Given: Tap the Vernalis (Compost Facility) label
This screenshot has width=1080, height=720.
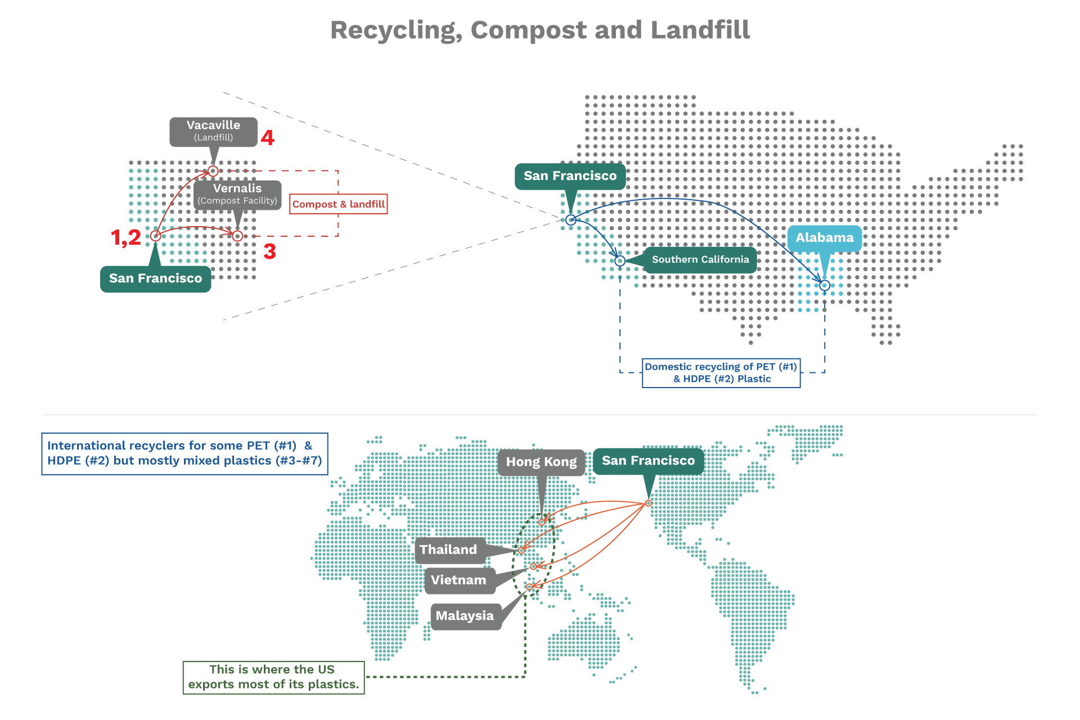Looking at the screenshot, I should click(237, 195).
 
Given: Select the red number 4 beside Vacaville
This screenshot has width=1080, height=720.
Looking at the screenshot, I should click(268, 138).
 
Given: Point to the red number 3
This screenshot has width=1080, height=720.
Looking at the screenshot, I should click(270, 251).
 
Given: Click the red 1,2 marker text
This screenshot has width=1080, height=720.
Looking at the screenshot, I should click(126, 237).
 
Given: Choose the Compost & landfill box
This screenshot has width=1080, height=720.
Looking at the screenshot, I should click(339, 204).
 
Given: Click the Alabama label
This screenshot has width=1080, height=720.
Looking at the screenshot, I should click(824, 238).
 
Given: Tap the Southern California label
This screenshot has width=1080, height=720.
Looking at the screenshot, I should click(700, 260).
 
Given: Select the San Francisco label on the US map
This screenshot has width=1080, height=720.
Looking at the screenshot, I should click(570, 176).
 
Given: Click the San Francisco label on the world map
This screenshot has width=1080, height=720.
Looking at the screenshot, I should click(648, 461).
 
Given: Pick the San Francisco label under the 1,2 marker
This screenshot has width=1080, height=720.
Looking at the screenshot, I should click(155, 278).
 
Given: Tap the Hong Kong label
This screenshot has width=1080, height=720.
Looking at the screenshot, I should click(541, 462).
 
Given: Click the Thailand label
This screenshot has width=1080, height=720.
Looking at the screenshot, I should click(449, 550).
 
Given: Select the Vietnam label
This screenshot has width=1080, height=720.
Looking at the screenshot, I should click(458, 580).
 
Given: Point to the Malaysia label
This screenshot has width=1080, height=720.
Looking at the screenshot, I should click(465, 616).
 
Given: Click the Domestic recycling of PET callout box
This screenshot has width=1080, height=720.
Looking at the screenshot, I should click(721, 373).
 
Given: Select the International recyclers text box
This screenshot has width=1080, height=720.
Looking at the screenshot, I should click(184, 453).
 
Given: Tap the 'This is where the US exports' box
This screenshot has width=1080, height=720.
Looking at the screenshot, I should click(273, 677).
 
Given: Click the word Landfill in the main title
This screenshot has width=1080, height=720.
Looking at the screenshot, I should click(700, 30).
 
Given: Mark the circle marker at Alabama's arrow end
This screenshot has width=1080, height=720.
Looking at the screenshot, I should click(825, 286).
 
